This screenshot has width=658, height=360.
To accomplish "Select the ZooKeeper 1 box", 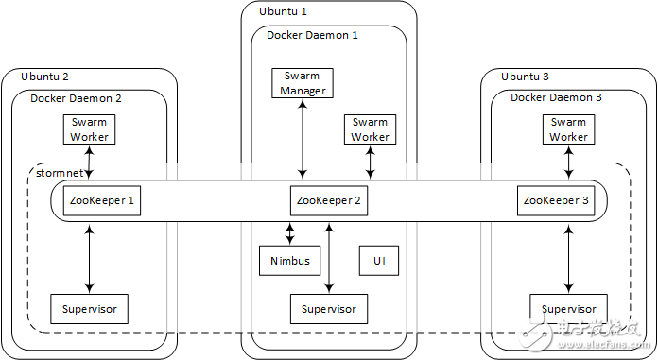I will point(103,200).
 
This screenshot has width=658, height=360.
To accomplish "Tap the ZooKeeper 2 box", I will point(328,200).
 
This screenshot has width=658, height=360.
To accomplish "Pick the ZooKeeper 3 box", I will point(555,200).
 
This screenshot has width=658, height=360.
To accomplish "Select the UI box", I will point(378,260).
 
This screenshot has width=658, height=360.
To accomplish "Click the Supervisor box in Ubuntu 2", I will point(90,309).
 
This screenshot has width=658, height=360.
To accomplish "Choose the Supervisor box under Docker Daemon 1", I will point(329,309).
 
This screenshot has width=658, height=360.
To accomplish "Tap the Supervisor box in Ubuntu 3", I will point(568,309).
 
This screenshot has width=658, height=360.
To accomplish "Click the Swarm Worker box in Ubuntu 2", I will point(90,129).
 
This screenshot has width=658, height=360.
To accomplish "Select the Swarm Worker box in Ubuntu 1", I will point(370,129).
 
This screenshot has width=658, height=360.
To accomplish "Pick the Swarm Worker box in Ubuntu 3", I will point(568,129).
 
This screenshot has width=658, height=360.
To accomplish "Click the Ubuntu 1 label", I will point(283,11).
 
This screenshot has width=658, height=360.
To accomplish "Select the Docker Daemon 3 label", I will point(556,97).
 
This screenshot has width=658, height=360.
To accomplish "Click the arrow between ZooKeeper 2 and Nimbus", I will point(290,231).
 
